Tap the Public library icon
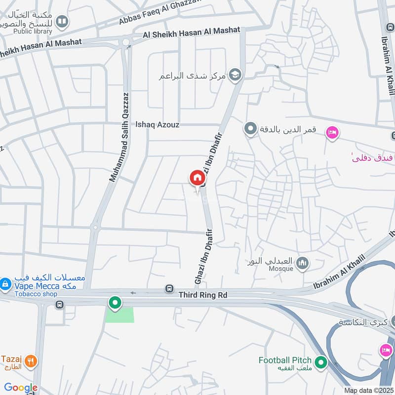[62, 21]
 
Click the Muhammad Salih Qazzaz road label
[119, 138]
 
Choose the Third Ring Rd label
[203, 294]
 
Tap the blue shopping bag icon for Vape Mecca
[5, 284]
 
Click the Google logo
[20, 388]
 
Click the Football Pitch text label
[285, 360]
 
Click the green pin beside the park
[115, 302]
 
